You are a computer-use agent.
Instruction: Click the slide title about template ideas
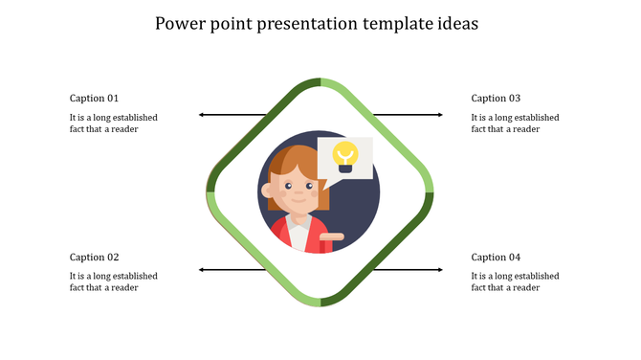[320, 22]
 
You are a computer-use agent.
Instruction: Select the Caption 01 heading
[95, 98]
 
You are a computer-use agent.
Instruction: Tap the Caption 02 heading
[95, 257]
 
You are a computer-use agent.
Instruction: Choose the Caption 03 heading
[496, 98]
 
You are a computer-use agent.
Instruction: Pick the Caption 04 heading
[496, 257]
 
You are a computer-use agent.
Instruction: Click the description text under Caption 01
[113, 124]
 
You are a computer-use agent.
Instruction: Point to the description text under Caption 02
[113, 281]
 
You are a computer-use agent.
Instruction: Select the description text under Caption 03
[515, 124]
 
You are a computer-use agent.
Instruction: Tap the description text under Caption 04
[515, 281]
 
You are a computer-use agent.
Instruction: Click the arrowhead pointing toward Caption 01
[202, 115]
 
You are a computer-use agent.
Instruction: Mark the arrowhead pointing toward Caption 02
[202, 270]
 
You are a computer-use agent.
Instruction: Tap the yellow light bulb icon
[344, 156]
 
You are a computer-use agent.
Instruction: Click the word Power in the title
[179, 22]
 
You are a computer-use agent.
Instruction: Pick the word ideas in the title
[458, 22]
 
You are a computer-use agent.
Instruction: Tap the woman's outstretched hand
[333, 235]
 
